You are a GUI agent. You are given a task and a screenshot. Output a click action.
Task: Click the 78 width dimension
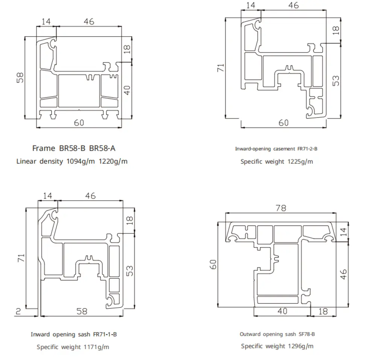click(280, 208)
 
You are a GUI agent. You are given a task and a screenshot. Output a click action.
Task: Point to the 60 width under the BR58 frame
click(79, 123)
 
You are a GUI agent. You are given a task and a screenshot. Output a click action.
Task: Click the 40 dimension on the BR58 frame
click(127, 90)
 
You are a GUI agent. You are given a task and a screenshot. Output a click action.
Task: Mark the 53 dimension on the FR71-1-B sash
click(129, 271)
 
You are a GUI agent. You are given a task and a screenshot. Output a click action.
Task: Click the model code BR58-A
click(102, 148)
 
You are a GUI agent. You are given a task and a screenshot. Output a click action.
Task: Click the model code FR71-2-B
click(308, 149)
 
